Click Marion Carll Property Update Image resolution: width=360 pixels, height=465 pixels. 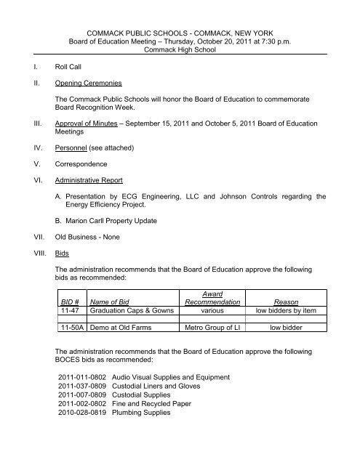click(x=119, y=236)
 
